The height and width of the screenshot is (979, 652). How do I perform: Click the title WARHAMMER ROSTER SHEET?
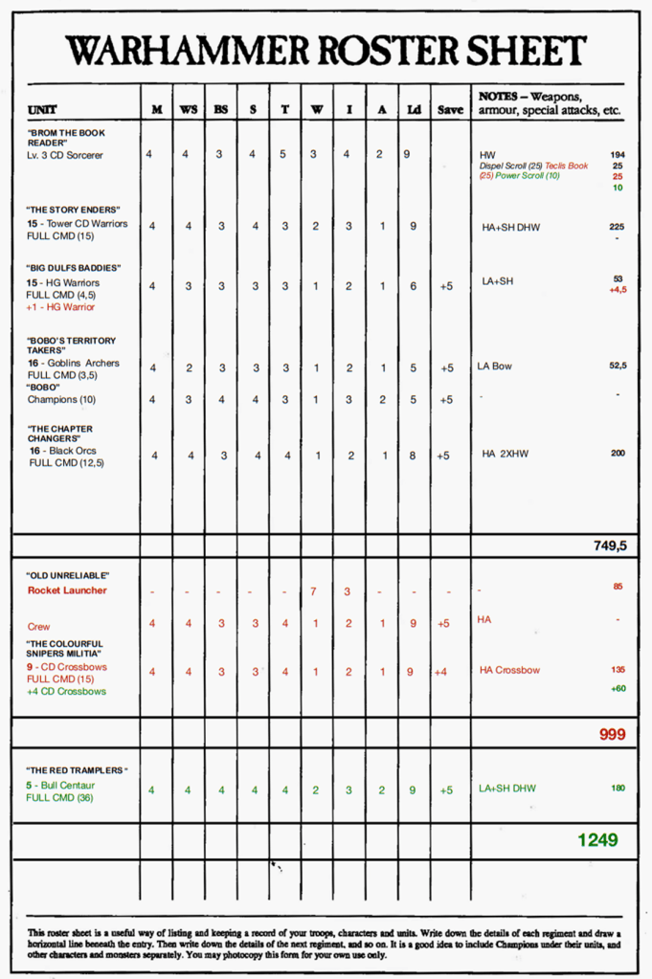coord(326,51)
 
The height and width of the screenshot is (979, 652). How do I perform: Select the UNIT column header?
coord(42,110)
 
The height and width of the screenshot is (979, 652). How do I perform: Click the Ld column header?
coord(413,110)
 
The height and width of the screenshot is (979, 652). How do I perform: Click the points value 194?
coord(617,154)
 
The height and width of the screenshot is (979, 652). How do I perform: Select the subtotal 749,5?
coord(610,545)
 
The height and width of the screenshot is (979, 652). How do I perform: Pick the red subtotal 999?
coord(612,734)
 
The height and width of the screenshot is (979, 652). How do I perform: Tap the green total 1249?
coord(597,840)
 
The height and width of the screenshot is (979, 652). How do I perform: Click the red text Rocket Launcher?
coord(67,590)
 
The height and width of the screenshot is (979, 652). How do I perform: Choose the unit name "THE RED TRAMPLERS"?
coord(77,770)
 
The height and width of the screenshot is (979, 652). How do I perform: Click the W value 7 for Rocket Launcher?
coord(314,590)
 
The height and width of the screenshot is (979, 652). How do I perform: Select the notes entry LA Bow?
coord(495,367)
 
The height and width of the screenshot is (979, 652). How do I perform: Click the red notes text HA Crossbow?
coord(509,670)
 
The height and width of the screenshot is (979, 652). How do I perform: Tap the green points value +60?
coord(618,688)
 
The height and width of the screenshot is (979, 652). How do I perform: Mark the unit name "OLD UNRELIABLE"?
coord(67,575)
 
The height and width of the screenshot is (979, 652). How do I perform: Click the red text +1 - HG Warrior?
coord(60,307)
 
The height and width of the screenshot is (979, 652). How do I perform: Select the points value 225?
coord(617,227)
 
